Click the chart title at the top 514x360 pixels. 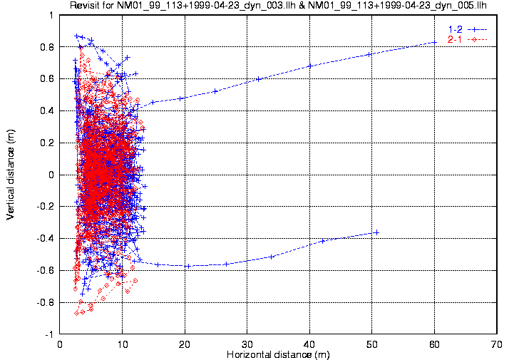(x=283, y=6)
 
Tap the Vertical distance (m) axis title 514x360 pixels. (x=11, y=175)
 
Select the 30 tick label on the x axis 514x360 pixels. (x=247, y=343)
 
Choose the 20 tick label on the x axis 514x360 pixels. (x=185, y=343)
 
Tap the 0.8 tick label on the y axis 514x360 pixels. (x=47, y=47)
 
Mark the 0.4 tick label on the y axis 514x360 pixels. (x=47, y=111)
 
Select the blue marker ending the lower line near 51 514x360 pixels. (x=376, y=232)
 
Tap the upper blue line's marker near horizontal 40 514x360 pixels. (x=310, y=66)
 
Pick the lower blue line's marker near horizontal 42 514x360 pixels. (x=323, y=241)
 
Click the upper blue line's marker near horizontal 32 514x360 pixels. (x=259, y=78)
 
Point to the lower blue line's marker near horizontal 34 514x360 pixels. (x=272, y=257)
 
